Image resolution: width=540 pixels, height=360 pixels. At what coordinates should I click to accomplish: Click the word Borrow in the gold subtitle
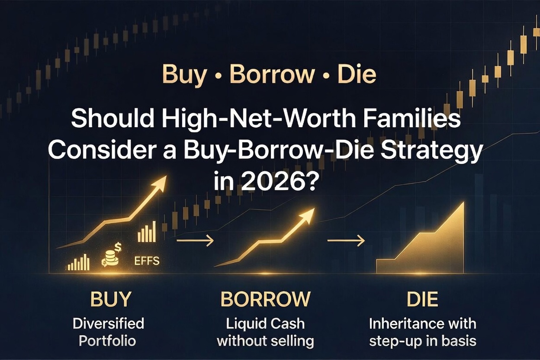pos(271,74)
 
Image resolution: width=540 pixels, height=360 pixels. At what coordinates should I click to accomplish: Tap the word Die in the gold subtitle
pos(357,74)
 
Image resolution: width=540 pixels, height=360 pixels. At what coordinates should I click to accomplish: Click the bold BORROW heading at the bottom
pos(265,299)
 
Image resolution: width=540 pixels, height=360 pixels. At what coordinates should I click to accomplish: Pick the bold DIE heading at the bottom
pos(422,299)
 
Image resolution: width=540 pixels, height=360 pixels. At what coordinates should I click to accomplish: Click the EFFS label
pos(147,261)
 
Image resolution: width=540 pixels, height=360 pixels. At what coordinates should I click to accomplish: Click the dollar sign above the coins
pos(118,247)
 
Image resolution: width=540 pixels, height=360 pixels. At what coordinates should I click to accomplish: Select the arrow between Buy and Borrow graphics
pos(195,241)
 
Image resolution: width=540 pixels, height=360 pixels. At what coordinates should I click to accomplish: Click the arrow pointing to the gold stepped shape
pos(346,241)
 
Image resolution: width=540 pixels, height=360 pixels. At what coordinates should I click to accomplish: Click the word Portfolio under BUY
pos(107,341)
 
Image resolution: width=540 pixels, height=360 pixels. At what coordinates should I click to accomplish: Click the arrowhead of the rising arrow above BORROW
pos(309,215)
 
